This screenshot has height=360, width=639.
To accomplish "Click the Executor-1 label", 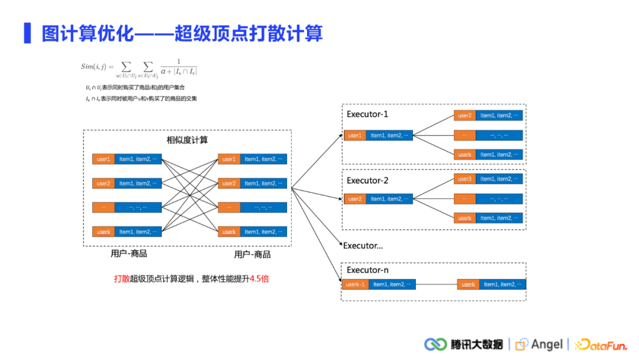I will pos(367,114).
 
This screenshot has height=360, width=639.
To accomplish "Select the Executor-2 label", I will pos(367,181).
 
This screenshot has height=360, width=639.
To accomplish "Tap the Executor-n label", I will pos(367,270).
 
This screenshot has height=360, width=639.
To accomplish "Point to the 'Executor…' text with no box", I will pos(363,245).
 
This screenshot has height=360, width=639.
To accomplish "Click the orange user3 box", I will pos(464,179).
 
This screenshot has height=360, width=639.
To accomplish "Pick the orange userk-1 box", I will pos(355,284).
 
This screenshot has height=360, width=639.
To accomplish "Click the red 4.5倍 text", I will pos(259,278).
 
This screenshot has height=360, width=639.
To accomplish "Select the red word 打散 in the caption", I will pos(122,278).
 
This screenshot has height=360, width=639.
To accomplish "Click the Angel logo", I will pos(539,344).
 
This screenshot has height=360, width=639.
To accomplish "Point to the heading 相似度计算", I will pos(187,140).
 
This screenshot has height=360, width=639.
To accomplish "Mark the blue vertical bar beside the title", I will pos(27,33).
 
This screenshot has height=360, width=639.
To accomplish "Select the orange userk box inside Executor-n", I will pos(468,284).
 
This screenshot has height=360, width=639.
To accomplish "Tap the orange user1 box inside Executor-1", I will pos(354,136).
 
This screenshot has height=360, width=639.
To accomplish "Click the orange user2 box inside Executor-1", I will pos(464,115).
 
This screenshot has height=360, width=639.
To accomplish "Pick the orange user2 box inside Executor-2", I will pos(354,199).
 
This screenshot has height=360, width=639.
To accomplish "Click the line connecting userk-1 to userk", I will pos(436,284).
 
